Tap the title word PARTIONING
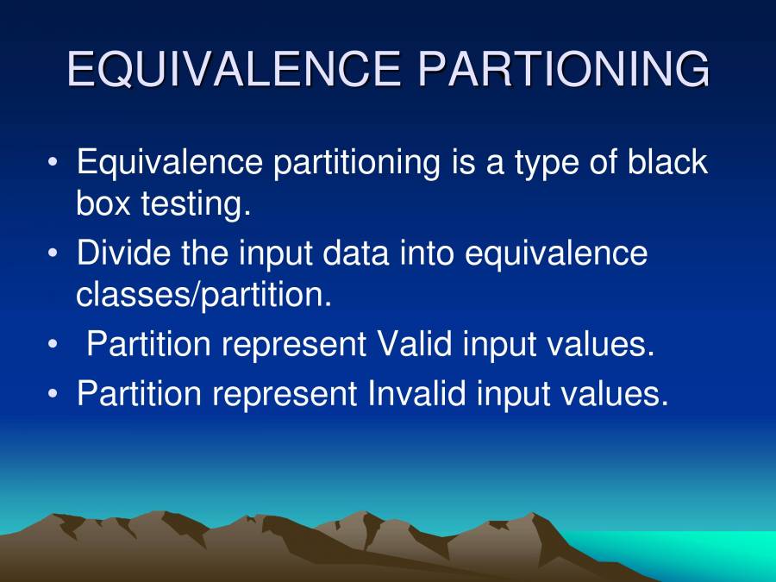tap(564, 70)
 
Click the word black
tap(667, 163)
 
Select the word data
tap(365, 253)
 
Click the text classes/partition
tap(203, 295)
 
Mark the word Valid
tap(415, 345)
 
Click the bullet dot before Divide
tap(54, 253)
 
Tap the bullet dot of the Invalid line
tap(54, 393)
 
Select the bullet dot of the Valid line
tap(54, 345)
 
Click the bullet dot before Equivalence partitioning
tap(54, 163)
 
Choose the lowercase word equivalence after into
tap(556, 253)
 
